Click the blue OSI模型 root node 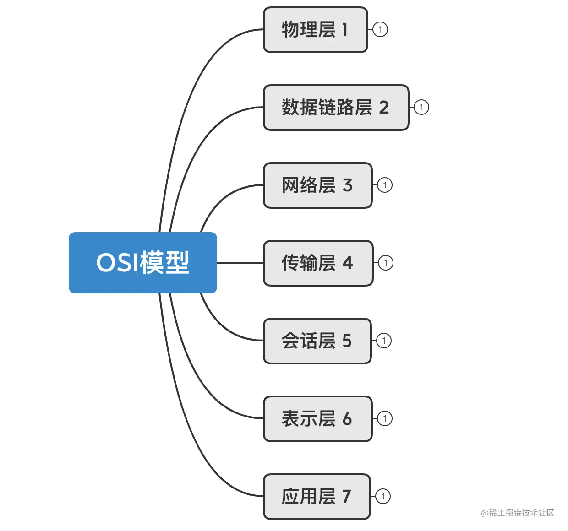click(x=142, y=263)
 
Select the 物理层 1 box click(x=315, y=30)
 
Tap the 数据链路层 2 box click(x=335, y=108)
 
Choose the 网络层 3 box click(x=317, y=185)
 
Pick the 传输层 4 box click(x=318, y=263)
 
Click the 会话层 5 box click(x=317, y=341)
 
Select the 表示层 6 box click(x=317, y=419)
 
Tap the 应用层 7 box click(x=317, y=497)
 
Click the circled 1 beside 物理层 click(x=380, y=30)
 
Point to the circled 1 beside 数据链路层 click(x=421, y=108)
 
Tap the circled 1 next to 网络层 click(x=385, y=185)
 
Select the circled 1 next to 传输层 click(x=386, y=263)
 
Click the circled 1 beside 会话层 click(x=384, y=341)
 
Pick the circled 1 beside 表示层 click(x=385, y=419)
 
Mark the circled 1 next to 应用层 click(x=383, y=497)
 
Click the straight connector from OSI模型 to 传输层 click(x=240, y=263)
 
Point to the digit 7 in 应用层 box click(x=347, y=497)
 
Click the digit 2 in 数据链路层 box click(x=384, y=108)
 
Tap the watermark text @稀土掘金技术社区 click(x=518, y=513)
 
